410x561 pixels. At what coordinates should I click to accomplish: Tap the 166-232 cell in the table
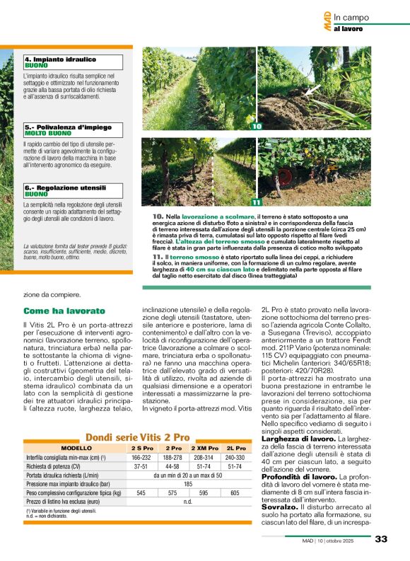[142, 458]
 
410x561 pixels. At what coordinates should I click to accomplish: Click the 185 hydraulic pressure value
[188, 484]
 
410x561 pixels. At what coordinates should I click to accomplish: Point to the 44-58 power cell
[173, 466]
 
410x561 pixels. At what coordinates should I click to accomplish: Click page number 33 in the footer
[381, 539]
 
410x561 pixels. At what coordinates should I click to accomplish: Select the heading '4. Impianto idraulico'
[60, 59]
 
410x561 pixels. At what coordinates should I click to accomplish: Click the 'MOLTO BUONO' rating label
[48, 133]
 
